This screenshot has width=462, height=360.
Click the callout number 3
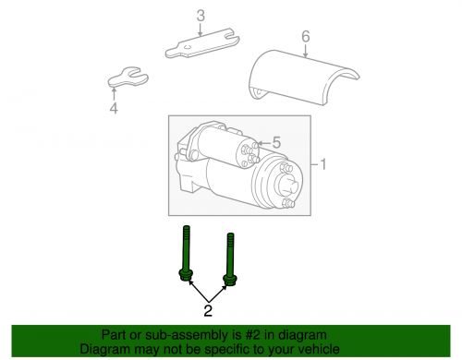201,16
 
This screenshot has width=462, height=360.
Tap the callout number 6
306,36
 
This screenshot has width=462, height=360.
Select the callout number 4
114,108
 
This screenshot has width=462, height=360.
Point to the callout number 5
276,143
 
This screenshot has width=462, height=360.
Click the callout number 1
323,164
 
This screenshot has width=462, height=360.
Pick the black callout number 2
208,310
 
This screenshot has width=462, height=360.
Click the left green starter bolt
186,253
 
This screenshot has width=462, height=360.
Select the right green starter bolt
230,259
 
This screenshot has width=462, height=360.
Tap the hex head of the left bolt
186,275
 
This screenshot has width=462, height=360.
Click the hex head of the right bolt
230,281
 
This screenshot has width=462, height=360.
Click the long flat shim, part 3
202,43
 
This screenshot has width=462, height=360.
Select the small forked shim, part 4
128,78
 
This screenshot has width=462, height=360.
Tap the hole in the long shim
187,47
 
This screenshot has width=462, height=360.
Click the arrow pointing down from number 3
201,30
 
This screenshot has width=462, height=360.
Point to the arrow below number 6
305,51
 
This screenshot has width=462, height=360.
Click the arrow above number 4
114,94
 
